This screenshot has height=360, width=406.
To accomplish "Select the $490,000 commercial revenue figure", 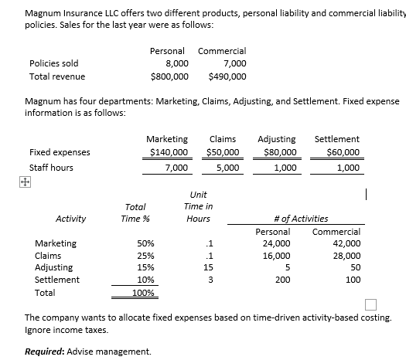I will pos(228,77).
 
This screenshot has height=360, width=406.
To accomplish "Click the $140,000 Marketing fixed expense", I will pos(167,152).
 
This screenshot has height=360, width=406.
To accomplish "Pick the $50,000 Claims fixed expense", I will pos(223,152).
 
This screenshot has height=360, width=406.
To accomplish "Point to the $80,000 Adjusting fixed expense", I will pos(279,152).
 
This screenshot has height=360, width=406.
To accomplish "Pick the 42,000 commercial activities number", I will pos(345,244).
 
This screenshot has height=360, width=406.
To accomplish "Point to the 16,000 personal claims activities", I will pos(276,256).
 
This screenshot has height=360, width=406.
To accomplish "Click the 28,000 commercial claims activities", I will pos(345,256).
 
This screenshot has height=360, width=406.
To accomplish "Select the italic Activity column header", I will pos(70,219).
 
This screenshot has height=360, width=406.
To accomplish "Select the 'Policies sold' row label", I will pos(53,63).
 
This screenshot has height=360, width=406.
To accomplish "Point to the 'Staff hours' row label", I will pos(52,168).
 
